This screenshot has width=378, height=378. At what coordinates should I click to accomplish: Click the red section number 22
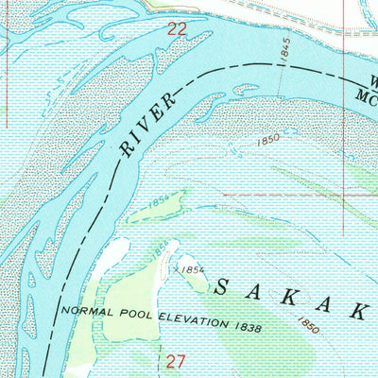point(177,29)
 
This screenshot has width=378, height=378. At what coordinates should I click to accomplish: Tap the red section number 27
point(177,360)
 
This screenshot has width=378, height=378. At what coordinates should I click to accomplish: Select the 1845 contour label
point(285,50)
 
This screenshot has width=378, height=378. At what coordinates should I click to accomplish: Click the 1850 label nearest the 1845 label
point(269,140)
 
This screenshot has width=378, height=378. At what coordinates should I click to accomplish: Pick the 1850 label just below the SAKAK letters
point(307,324)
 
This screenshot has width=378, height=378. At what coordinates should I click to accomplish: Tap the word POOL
point(128,313)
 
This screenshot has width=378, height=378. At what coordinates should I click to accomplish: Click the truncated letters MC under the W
point(368,95)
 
